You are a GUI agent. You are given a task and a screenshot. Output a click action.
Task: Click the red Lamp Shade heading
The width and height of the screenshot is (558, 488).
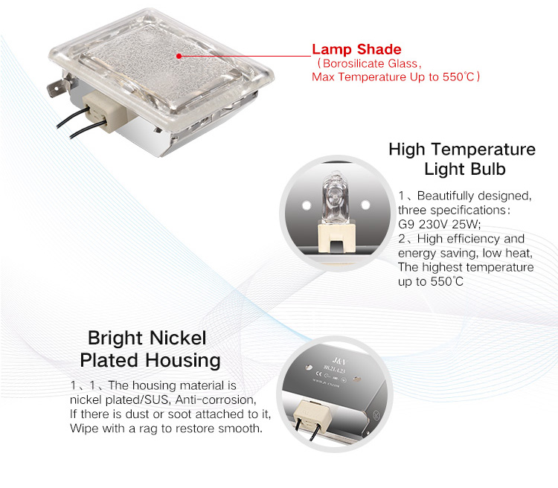(x=356, y=49)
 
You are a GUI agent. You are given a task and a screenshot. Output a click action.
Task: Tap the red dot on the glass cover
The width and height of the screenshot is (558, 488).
(x=179, y=56)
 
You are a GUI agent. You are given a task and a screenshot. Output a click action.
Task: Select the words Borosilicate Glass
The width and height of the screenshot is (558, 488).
(x=370, y=64)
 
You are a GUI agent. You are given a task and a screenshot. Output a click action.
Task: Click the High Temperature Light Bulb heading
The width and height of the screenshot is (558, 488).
(x=462, y=158)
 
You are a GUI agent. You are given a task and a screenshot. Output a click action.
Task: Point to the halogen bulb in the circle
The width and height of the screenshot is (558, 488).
(x=335, y=198)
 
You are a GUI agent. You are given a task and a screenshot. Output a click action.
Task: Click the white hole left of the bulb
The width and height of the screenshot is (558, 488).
(x=307, y=205)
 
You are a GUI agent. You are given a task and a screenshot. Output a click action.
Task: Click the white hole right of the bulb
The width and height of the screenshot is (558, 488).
(x=365, y=205)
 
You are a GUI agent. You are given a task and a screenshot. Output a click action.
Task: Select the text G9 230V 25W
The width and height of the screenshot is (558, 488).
(x=439, y=224)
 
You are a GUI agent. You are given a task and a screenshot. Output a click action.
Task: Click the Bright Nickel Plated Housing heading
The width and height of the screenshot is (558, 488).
(x=150, y=349)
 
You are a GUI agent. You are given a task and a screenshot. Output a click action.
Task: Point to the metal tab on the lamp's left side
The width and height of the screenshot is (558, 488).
(x=57, y=87)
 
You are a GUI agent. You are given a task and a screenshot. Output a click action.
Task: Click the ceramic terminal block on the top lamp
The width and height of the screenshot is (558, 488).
(x=103, y=110)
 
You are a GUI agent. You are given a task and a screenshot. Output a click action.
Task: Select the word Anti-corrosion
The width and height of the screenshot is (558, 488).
(x=215, y=399)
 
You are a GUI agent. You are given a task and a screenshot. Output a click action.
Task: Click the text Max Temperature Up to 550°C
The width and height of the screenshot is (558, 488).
(x=394, y=77)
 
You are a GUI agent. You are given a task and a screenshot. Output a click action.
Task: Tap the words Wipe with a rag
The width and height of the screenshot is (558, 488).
(x=114, y=428)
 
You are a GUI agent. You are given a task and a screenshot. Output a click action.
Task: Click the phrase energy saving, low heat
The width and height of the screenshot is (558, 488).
(x=465, y=253)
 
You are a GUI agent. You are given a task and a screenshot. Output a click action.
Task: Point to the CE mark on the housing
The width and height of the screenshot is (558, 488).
(x=319, y=373)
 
